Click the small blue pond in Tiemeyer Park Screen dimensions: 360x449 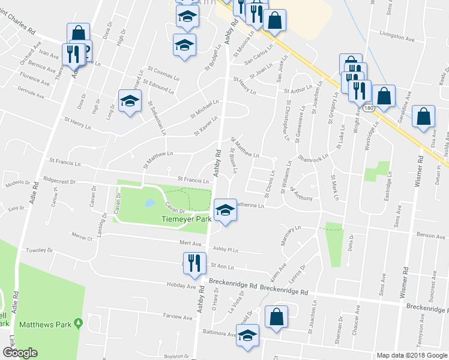148,203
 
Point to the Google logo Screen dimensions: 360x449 20,353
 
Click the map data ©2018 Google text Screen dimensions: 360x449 411,355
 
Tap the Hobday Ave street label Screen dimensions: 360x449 183,287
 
